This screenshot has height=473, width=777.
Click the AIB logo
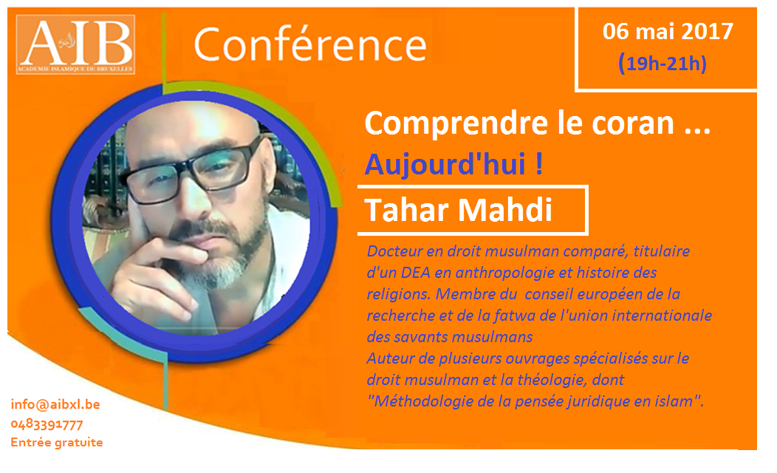(75, 44)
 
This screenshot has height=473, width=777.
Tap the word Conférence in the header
(310, 44)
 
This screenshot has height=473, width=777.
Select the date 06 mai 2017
(668, 32)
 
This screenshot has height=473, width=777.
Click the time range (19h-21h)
(663, 64)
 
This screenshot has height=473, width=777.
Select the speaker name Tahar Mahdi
(459, 210)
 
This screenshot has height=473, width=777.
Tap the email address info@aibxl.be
(55, 404)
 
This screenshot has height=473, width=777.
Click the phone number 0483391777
(47, 425)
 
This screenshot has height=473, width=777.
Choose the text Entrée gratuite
(56, 442)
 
